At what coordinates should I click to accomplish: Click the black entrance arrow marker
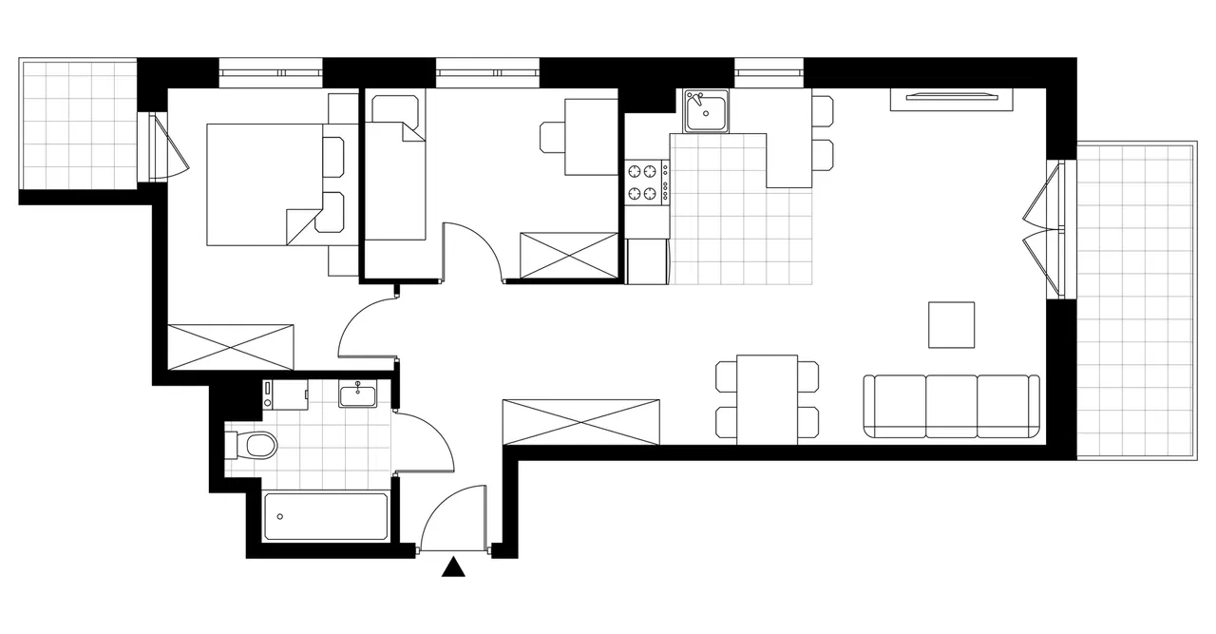(x=455, y=567)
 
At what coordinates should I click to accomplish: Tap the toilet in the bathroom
(x=256, y=444)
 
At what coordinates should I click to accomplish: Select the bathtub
(x=325, y=517)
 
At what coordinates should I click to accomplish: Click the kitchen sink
(x=705, y=111)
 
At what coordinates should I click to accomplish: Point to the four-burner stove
(x=643, y=183)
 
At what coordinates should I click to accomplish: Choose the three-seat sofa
(x=951, y=407)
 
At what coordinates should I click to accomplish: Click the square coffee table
(x=951, y=325)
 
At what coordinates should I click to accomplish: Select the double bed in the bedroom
(x=266, y=184)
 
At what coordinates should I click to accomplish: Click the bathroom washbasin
(x=357, y=394)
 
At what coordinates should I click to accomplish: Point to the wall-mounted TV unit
(x=951, y=97)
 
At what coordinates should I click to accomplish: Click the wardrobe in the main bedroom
(x=230, y=347)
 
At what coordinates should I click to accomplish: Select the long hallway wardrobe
(x=581, y=421)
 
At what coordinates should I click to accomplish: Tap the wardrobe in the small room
(x=569, y=256)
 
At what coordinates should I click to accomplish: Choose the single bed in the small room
(x=395, y=181)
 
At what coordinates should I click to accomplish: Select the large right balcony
(x=1135, y=299)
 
